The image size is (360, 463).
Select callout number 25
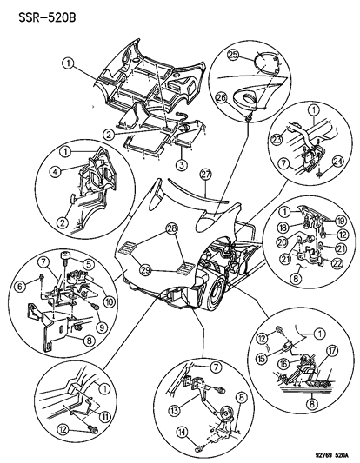click(233, 54)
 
